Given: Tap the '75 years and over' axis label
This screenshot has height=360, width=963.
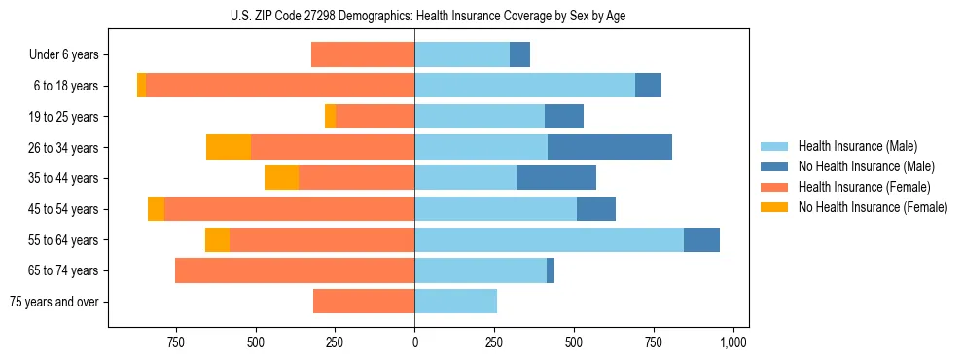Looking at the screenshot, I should pos(54,302).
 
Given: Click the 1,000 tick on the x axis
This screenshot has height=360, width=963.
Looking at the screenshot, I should pos(732,342).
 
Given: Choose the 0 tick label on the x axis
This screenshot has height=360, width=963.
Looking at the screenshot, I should pos(415,342).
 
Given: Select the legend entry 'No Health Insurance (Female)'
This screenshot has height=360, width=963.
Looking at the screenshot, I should pos(873,207).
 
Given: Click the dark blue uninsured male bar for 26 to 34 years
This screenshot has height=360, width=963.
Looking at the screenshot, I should pos(610,147).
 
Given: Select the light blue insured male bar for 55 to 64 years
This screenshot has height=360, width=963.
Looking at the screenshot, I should pos(550,239).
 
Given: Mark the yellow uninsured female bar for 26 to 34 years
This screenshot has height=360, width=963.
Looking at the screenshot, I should pos(229,147).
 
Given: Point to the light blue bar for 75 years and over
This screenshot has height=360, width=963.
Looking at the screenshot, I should pos(456,302).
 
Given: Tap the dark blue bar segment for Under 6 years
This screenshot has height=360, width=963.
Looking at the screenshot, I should pos(520,55).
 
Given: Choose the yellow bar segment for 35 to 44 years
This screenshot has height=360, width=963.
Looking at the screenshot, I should pos(282,178).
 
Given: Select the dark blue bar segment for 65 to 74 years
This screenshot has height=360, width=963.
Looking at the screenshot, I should pos(551,270).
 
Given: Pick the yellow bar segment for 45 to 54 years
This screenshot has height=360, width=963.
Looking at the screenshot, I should pos(157,209).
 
